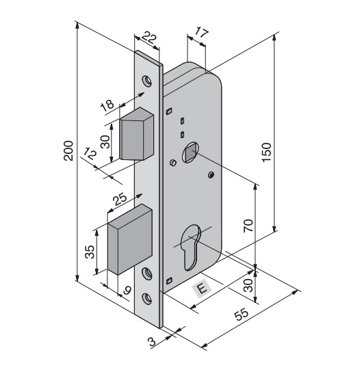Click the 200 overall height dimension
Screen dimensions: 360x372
click(68, 151)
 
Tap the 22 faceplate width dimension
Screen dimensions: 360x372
click(149, 38)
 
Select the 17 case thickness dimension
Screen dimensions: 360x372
click(201, 33)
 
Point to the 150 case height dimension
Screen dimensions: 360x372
click(266, 152)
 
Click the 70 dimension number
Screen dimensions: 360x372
click(248, 226)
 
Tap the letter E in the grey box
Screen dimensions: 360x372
click(201, 289)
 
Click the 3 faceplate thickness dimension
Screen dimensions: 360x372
click(152, 341)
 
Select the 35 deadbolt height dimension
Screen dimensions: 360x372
click(90, 252)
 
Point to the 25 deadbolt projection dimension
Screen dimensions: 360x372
click(120, 199)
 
